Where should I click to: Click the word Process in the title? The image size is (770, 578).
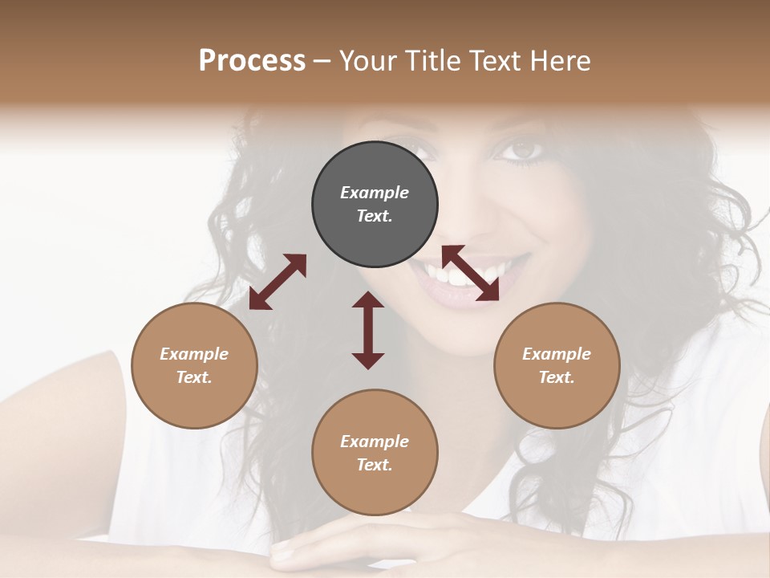pyautogui.click(x=252, y=61)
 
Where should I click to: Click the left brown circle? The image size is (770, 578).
pyautogui.click(x=194, y=365)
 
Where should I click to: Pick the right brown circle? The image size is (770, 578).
pyautogui.click(x=557, y=365)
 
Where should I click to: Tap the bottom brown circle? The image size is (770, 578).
pyautogui.click(x=375, y=453)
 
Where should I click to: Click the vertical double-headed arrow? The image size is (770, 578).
pyautogui.click(x=368, y=330)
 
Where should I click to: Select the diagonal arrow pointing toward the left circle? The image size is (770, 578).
pyautogui.click(x=278, y=282)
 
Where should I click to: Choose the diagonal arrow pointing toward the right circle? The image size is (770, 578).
pyautogui.click(x=471, y=273)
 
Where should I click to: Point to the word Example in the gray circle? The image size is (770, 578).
pyautogui.click(x=375, y=193)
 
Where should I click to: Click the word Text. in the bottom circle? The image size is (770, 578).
pyautogui.click(x=375, y=465)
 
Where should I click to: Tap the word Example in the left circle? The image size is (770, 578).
pyautogui.click(x=194, y=354)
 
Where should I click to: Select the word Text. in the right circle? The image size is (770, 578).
pyautogui.click(x=557, y=377)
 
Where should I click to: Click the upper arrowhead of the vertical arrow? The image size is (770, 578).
pyautogui.click(x=368, y=300)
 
